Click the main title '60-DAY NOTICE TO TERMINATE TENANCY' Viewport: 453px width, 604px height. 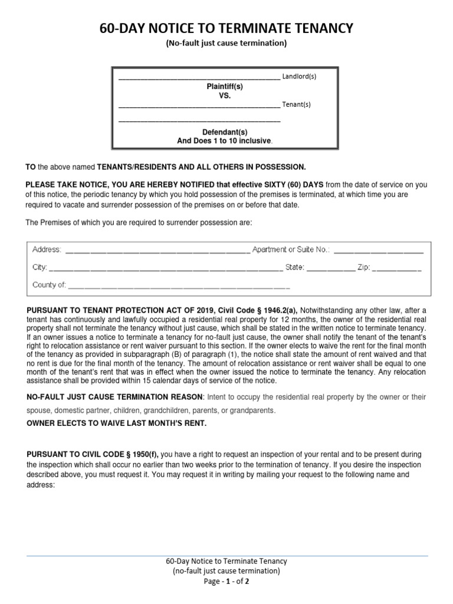[226, 28]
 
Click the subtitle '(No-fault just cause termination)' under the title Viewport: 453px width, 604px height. [226, 43]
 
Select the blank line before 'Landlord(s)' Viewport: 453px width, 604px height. [199, 77]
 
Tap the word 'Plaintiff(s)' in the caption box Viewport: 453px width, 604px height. [224, 86]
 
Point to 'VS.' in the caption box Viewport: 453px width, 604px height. [224, 95]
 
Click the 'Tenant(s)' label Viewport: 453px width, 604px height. [297, 105]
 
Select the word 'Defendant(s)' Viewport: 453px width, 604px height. [225, 132]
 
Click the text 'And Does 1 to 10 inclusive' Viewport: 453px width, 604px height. [225, 141]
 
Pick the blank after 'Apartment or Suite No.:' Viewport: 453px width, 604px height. [378, 250]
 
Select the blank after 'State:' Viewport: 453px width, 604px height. [331, 268]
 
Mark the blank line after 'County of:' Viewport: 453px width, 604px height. [179, 285]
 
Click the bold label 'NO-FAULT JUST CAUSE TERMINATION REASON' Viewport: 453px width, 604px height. [115, 398]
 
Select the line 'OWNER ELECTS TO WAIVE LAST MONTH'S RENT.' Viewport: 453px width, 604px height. [117, 424]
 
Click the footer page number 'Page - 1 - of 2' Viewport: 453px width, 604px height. [226, 581]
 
